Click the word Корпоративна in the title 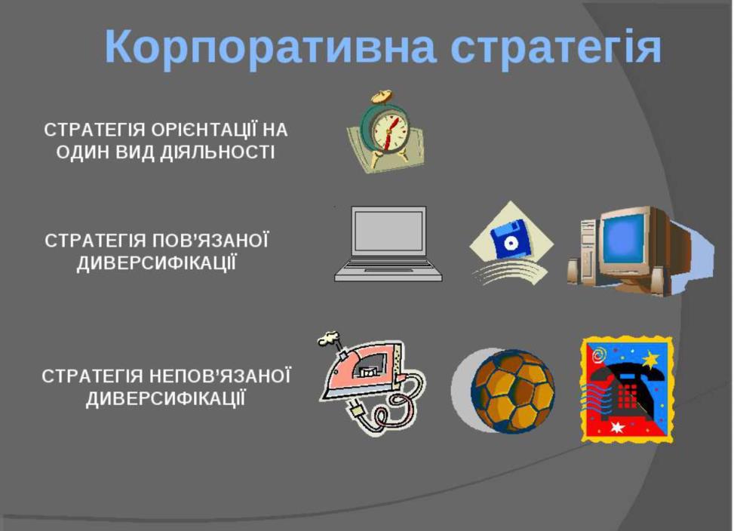tap(271, 48)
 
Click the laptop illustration tap(388, 244)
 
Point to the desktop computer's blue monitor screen tap(624, 241)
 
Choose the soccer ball tap(512, 391)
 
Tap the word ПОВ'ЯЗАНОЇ tap(210, 241)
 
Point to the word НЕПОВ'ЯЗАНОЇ tap(219, 376)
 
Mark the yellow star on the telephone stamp tap(650, 361)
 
